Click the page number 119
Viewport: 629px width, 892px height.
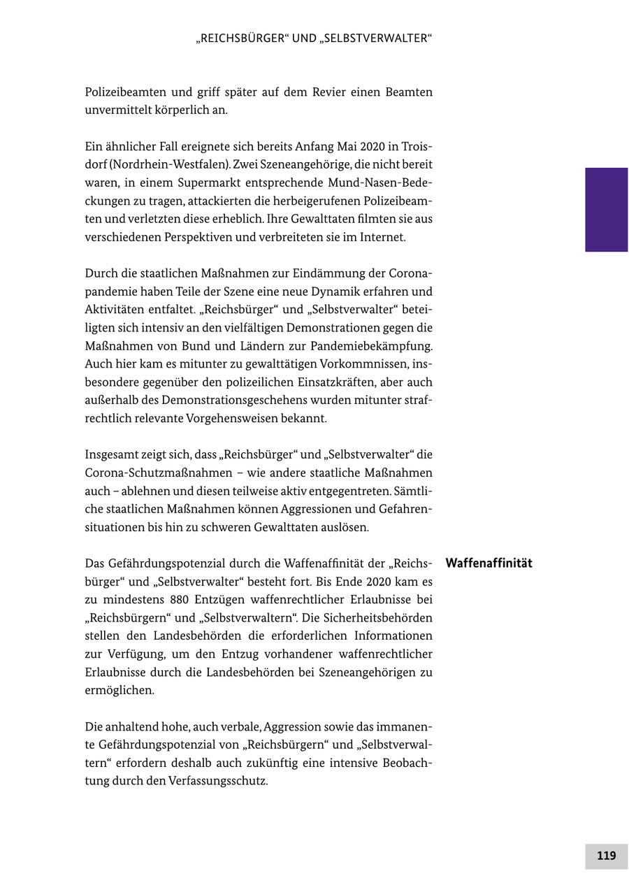(606, 856)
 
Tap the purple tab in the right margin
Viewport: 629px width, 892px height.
(606, 209)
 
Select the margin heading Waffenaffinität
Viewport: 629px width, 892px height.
(489, 563)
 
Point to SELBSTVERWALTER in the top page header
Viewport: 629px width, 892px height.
(377, 38)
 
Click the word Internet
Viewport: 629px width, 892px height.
(382, 238)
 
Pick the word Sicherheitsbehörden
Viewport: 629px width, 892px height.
(378, 618)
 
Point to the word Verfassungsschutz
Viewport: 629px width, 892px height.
(217, 781)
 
